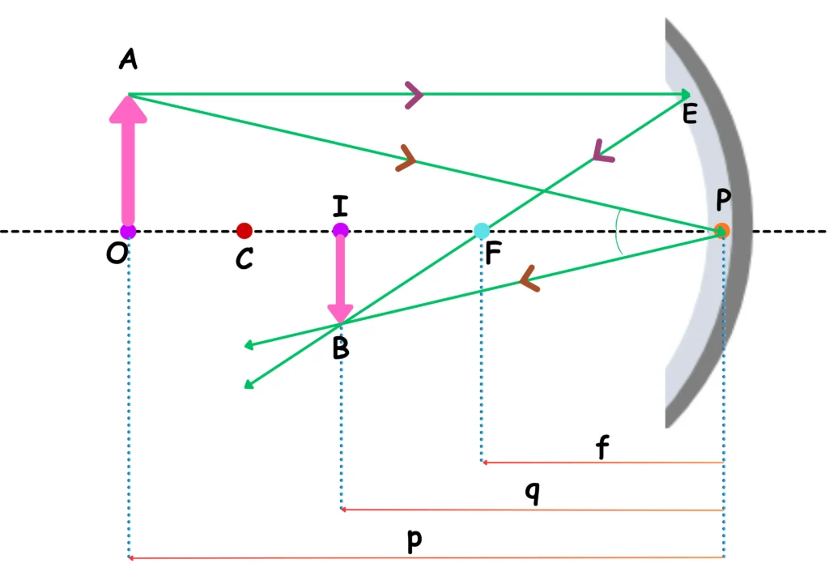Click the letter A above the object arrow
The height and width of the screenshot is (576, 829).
click(x=127, y=58)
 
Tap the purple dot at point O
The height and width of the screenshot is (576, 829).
click(x=128, y=231)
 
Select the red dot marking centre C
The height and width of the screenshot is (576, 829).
click(x=244, y=231)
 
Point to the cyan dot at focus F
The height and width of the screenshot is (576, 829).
click(x=482, y=231)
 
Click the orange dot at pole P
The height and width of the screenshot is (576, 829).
click(x=721, y=230)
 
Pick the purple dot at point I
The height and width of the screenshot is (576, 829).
click(x=340, y=231)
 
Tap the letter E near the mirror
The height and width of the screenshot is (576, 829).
click(x=690, y=114)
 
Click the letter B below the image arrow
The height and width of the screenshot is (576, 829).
click(x=341, y=348)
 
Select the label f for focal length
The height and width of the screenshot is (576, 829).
click(x=602, y=447)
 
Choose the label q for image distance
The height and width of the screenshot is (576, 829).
click(x=531, y=493)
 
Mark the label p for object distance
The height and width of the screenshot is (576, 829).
click(x=414, y=540)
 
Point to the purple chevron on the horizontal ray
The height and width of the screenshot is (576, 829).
click(x=414, y=96)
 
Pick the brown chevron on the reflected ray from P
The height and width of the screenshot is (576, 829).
click(x=530, y=280)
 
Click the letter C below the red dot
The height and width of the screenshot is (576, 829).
click(x=244, y=259)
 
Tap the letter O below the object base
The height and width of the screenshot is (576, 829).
click(x=117, y=254)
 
